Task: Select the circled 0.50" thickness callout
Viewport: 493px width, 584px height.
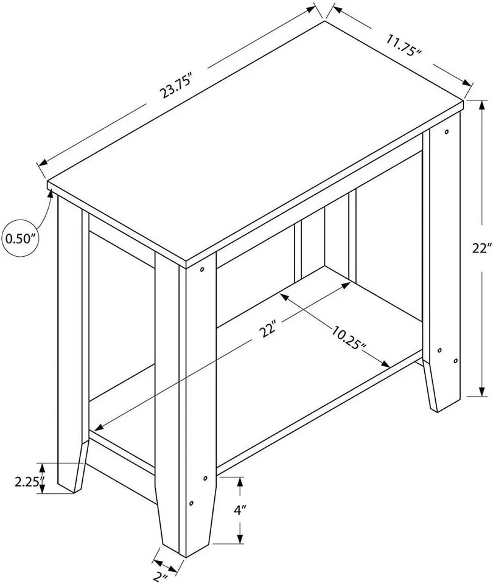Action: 20,238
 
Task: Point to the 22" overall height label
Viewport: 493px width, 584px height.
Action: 480,248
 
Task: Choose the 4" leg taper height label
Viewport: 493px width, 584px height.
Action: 239,510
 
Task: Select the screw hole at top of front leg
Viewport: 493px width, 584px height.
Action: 202,268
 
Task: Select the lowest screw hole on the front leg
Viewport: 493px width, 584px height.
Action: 191,504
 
